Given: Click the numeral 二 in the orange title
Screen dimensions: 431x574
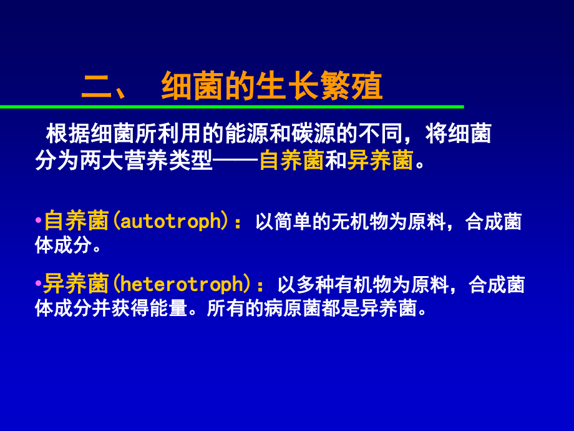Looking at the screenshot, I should (x=95, y=86).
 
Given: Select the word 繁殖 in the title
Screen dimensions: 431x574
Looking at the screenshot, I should (x=361, y=86).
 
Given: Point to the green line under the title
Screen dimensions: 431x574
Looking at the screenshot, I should (x=231, y=107).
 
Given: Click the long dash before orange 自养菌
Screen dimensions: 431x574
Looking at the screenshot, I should (x=235, y=161).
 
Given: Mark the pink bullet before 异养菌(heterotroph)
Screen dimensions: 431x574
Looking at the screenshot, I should (x=39, y=284).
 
